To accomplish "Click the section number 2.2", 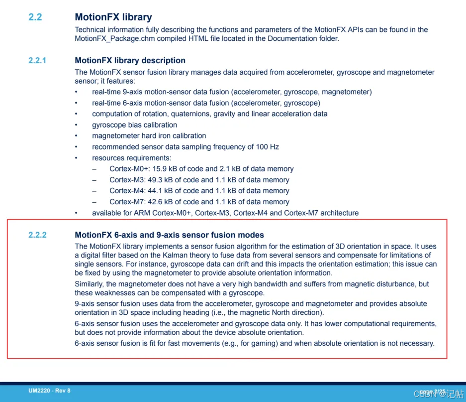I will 35,17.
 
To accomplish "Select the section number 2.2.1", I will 37,61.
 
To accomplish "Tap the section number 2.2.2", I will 37,235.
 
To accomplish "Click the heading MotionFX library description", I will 130,61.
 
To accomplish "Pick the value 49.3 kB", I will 168,180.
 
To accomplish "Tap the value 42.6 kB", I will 168,202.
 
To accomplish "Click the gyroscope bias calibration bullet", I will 134,125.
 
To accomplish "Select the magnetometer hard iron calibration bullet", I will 149,136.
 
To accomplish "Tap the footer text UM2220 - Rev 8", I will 49,391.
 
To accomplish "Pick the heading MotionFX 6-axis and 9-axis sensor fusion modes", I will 169,235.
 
